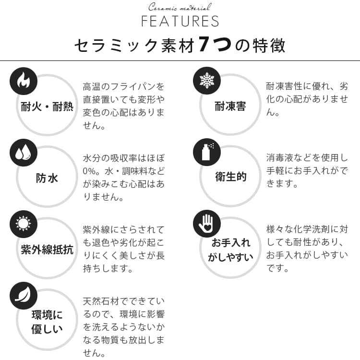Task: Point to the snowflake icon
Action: click(206, 81)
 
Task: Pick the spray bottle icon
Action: click(206, 152)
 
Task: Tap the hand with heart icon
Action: click(206, 224)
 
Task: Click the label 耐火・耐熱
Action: click(47, 107)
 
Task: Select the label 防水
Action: click(47, 178)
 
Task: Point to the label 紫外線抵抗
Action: click(47, 250)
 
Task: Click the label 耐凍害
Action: click(230, 107)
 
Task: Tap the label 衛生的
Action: click(230, 177)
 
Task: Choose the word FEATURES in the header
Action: click(180, 22)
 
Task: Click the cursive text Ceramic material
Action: click(180, 8)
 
